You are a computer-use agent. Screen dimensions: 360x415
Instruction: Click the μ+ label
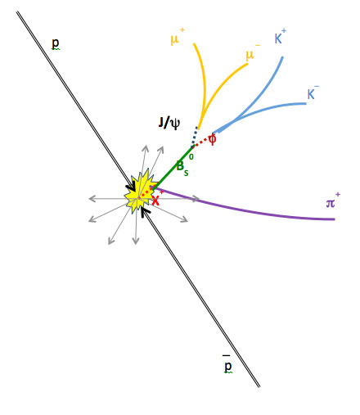178,37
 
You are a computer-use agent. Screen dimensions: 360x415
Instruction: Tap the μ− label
253,52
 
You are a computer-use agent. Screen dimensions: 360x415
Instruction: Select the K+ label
280,36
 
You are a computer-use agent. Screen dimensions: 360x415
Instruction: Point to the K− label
313,92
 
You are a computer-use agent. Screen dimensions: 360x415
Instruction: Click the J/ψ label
169,123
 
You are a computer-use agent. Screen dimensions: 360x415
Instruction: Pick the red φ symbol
212,139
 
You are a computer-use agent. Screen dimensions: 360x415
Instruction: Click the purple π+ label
333,201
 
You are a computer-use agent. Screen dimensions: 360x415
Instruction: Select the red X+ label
157,198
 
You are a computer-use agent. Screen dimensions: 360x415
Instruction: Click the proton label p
56,43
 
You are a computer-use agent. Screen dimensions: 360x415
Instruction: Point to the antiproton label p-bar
227,364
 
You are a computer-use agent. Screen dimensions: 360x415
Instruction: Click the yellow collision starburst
140,192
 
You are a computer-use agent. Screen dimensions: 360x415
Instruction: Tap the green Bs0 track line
173,168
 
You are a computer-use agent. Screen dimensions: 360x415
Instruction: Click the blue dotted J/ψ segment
194,137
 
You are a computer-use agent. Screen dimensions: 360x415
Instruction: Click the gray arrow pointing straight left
109,199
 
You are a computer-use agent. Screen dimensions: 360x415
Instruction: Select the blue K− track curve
262,110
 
